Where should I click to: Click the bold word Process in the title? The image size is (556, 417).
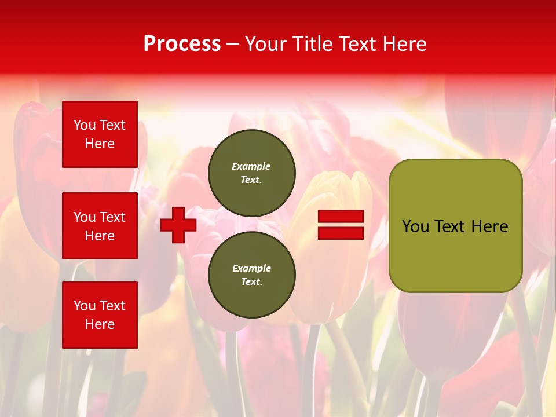click(182, 44)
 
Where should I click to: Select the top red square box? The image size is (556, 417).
click(100, 134)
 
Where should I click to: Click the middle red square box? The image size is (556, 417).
click(100, 226)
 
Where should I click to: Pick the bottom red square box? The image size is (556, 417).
click(100, 315)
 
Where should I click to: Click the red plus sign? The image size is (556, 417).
click(178, 225)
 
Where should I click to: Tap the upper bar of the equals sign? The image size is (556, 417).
click(341, 217)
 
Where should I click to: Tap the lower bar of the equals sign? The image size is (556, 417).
click(341, 233)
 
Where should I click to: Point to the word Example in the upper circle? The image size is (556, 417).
click(251, 166)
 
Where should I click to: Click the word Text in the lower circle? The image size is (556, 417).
click(251, 281)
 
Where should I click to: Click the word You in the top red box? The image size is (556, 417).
click(85, 125)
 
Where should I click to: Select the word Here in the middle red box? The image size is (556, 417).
click(100, 236)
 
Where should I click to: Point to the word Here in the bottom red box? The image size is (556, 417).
click(100, 324)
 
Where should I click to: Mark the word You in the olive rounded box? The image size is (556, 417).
click(415, 226)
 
